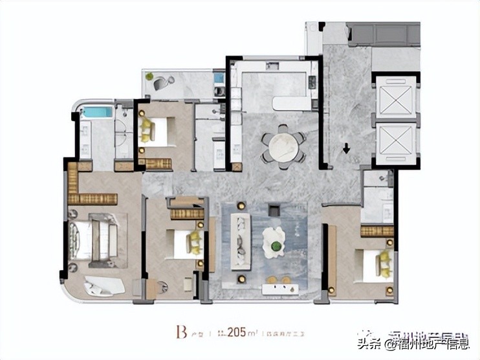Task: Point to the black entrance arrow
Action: click(347, 148)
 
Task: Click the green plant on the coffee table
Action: click(276, 245)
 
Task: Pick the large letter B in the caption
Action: click(176, 333)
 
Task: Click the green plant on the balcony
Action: click(150, 76)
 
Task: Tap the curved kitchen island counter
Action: click(291, 102)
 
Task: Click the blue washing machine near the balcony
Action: click(219, 78)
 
